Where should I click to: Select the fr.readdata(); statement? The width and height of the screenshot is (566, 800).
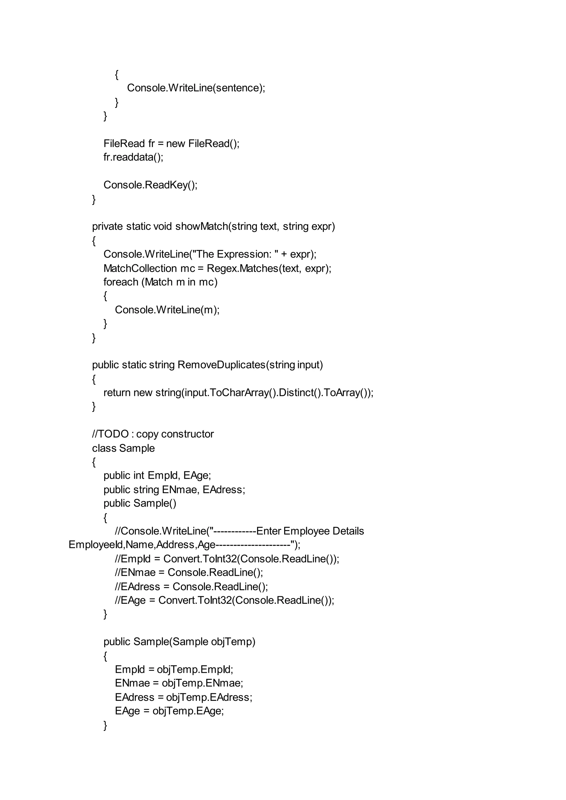click(133, 157)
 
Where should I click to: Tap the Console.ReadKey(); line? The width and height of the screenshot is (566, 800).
click(150, 185)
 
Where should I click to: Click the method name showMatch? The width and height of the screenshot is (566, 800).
click(201, 227)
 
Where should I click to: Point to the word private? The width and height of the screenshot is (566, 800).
click(107, 227)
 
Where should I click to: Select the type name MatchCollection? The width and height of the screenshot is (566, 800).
click(140, 268)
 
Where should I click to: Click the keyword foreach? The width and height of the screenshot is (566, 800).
click(120, 282)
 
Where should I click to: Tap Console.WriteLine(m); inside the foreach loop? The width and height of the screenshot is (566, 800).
click(167, 310)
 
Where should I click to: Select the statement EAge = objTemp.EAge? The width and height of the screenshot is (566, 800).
click(169, 711)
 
